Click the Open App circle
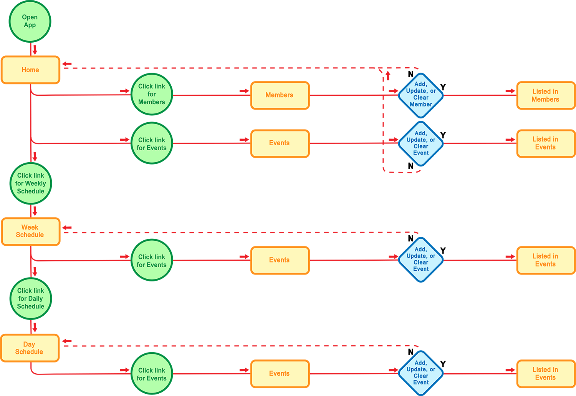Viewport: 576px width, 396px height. (x=30, y=22)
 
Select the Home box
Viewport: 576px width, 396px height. (x=30, y=70)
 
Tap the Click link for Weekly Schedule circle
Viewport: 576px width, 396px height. (x=31, y=183)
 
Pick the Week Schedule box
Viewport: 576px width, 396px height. (x=30, y=231)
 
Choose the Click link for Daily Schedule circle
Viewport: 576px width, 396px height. (x=31, y=299)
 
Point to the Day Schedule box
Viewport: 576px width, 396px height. (x=30, y=348)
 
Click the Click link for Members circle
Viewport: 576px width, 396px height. (x=152, y=94)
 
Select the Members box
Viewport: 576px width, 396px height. (x=280, y=95)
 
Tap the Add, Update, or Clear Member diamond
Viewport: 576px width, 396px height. (x=421, y=95)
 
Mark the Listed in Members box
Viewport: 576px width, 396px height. (x=546, y=95)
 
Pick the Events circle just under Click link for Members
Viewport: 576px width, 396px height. (x=152, y=143)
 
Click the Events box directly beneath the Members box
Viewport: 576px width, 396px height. (x=280, y=143)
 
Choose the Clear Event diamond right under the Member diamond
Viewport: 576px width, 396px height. (x=421, y=143)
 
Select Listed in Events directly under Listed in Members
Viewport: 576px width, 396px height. (x=546, y=143)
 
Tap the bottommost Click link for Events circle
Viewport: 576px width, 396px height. (x=152, y=374)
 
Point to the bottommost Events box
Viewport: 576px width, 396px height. (x=280, y=374)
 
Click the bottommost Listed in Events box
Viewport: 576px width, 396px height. (x=546, y=374)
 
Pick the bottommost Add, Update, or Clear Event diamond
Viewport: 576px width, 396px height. (x=421, y=373)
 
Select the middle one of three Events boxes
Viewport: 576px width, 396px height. (x=280, y=260)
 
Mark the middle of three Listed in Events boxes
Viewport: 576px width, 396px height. (x=546, y=260)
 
